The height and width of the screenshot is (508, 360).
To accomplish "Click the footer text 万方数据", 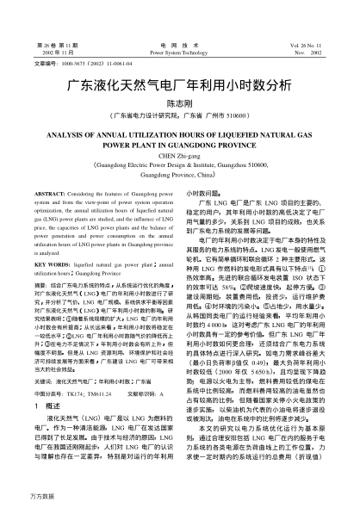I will [x=21, y=499].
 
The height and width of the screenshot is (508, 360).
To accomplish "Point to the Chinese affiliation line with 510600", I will [x=180, y=115].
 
